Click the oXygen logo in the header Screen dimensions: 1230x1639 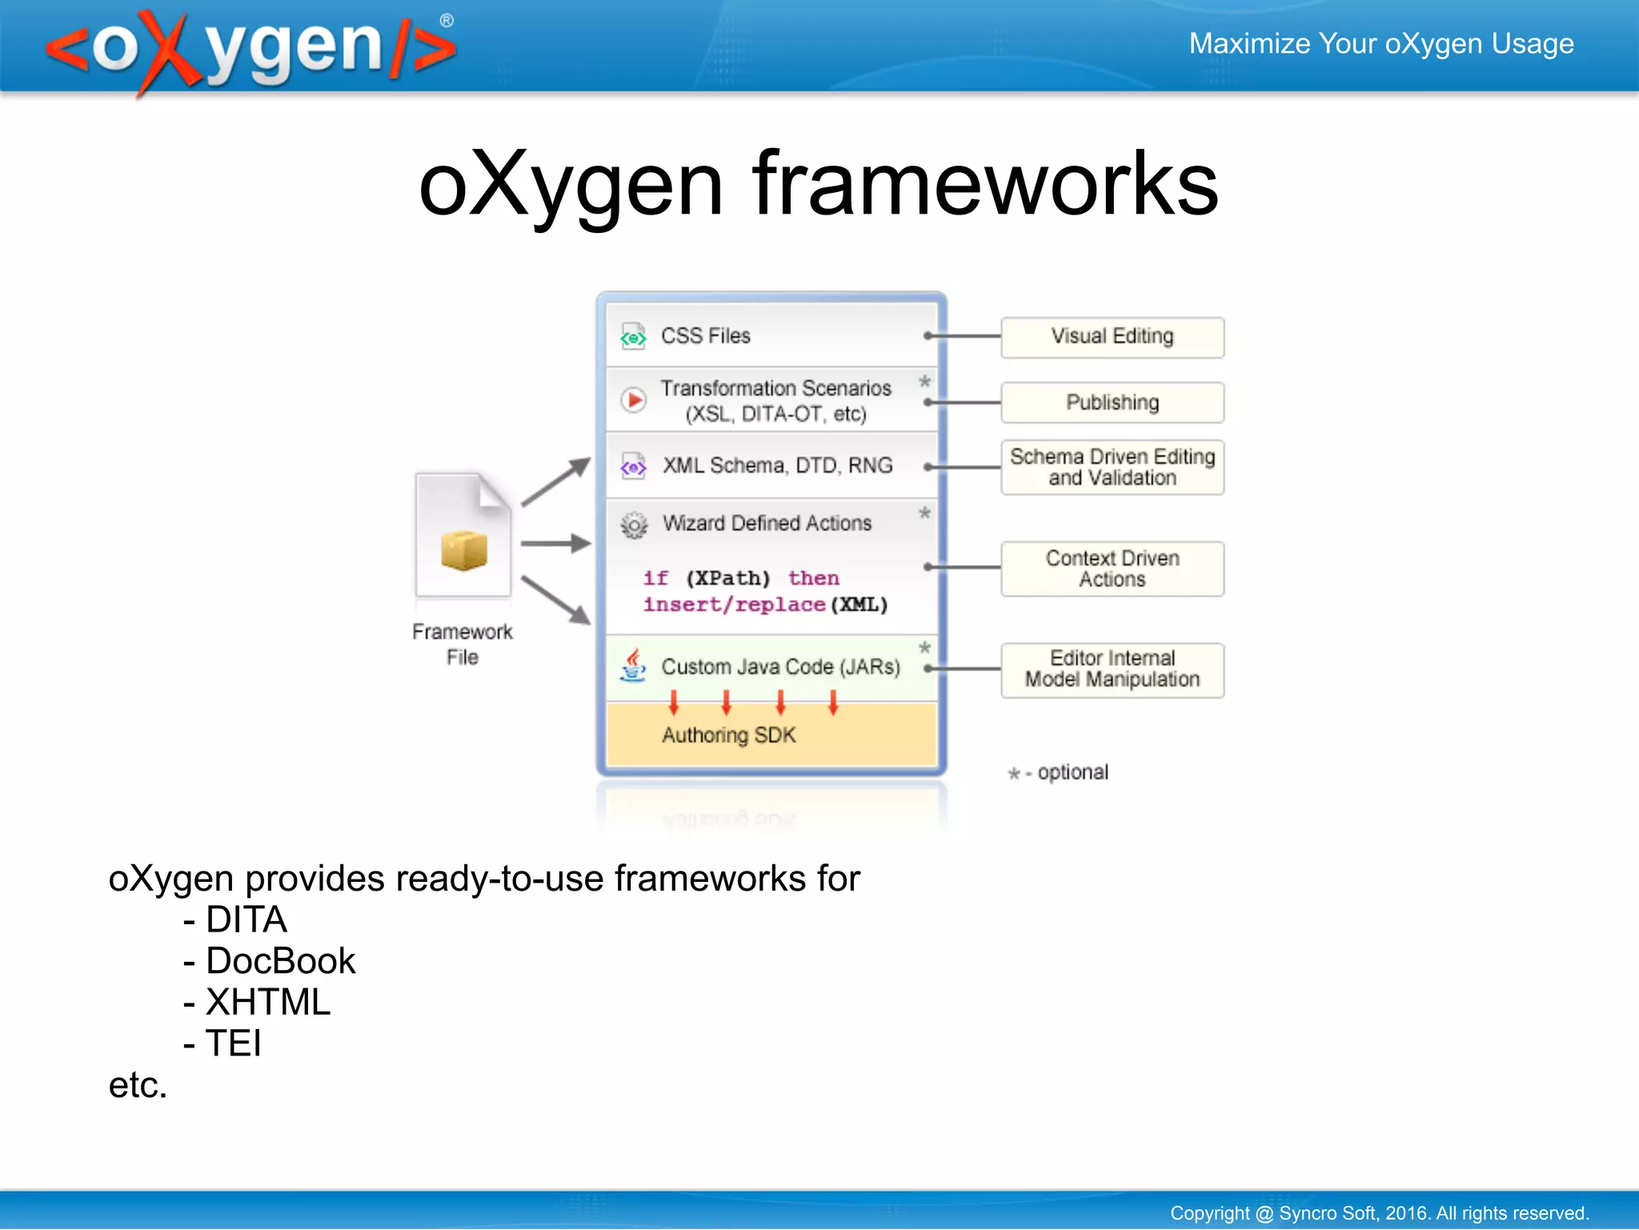pyautogui.click(x=250, y=50)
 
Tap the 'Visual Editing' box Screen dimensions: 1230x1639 pyautogui.click(x=1112, y=337)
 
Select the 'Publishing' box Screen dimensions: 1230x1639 pyautogui.click(x=1112, y=403)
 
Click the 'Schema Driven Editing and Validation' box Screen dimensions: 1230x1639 pyautogui.click(x=1112, y=467)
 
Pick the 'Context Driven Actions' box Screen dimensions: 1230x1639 pyautogui.click(x=1112, y=569)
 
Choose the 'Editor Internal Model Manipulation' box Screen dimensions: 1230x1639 pyautogui.click(x=1112, y=670)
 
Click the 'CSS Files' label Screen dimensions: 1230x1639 pyautogui.click(x=705, y=336)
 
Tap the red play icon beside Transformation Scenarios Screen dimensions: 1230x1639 pyautogui.click(x=634, y=399)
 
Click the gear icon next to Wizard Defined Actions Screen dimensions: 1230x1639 pyautogui.click(x=634, y=525)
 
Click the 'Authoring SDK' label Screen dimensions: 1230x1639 pyautogui.click(x=728, y=735)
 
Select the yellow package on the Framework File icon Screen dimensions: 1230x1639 pyautogui.click(x=463, y=551)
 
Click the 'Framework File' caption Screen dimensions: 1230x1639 pyautogui.click(x=462, y=644)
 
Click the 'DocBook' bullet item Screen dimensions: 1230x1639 pyautogui.click(x=279, y=961)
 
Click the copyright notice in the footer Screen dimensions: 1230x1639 pyautogui.click(x=1379, y=1213)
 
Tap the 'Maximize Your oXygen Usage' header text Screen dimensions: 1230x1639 pyautogui.click(x=1381, y=44)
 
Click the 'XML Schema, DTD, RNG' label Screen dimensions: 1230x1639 pyautogui.click(x=777, y=466)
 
